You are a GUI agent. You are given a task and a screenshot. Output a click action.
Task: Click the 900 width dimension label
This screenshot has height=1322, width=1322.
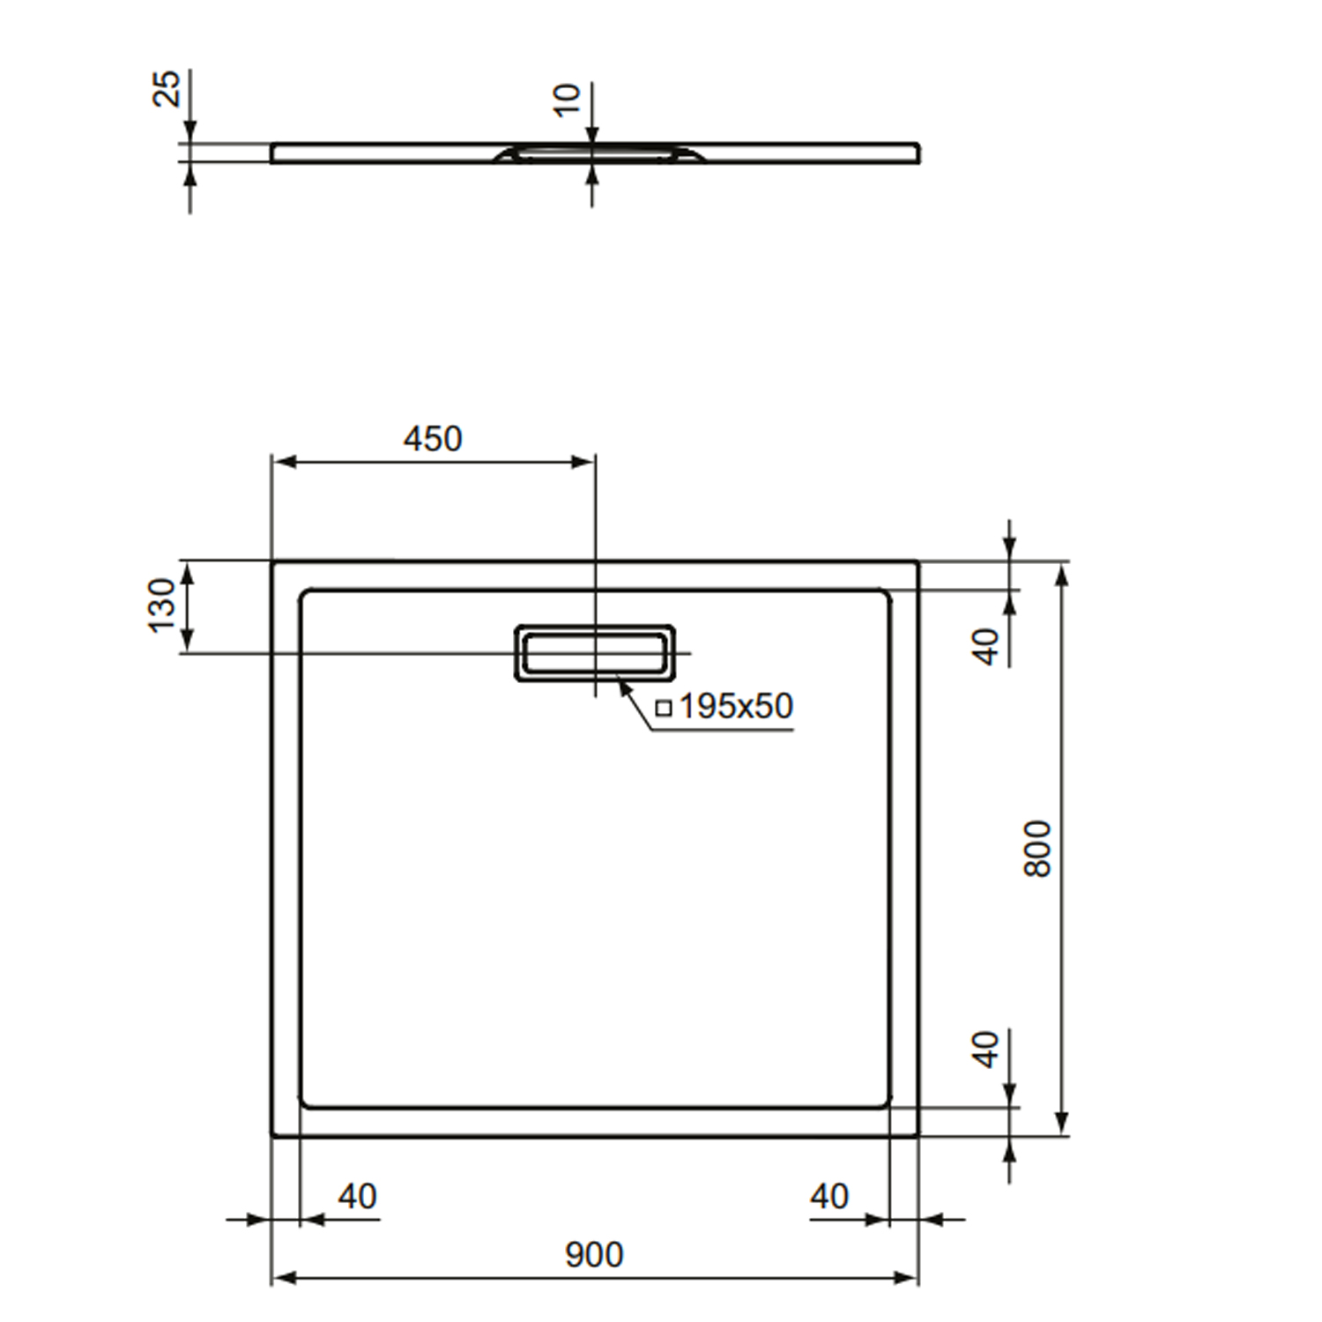click(x=593, y=1254)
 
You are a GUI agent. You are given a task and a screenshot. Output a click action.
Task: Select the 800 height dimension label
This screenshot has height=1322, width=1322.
click(x=1038, y=848)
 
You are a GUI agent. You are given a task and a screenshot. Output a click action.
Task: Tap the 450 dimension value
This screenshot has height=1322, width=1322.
click(x=432, y=439)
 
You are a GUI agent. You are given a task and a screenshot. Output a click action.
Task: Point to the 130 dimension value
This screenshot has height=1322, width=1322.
click(x=162, y=605)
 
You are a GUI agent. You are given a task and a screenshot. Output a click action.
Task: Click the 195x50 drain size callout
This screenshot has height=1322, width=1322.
click(x=736, y=707)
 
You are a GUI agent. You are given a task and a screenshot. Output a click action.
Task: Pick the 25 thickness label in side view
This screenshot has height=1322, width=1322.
click(x=167, y=89)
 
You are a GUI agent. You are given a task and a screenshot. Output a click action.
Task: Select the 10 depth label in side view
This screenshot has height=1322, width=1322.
click(x=567, y=99)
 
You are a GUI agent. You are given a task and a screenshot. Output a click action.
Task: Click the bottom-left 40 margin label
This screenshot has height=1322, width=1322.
click(x=357, y=1196)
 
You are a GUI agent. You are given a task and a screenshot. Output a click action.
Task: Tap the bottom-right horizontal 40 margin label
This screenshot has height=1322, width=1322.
click(x=828, y=1196)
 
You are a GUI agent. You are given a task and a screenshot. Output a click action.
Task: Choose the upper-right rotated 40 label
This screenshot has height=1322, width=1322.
click(x=987, y=646)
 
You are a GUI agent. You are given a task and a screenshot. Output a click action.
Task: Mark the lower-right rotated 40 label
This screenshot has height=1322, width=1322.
click(x=987, y=1049)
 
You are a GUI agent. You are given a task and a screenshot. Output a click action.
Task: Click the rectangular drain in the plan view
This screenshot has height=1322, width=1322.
click(x=595, y=653)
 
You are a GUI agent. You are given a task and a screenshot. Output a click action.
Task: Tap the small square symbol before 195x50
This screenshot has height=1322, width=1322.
click(x=664, y=708)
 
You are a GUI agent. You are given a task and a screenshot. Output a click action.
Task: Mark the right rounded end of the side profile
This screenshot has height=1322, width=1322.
click(x=917, y=153)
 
